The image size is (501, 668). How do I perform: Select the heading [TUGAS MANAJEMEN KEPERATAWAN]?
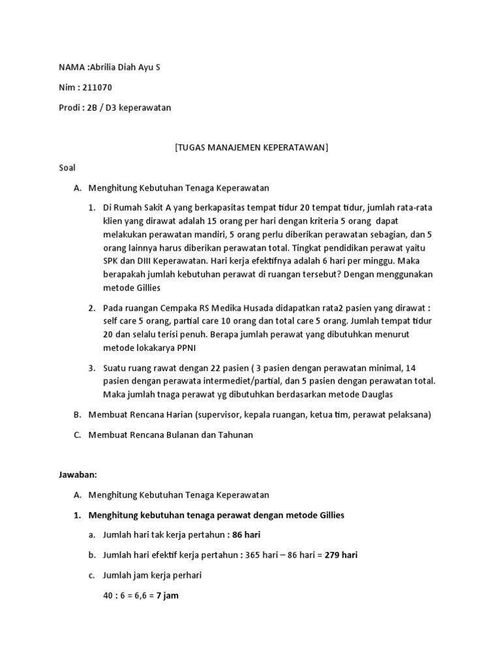pyautogui.click(x=251, y=147)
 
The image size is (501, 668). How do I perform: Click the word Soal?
pyautogui.click(x=67, y=168)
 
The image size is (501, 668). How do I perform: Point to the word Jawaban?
pyautogui.click(x=78, y=475)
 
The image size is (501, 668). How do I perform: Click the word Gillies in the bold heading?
pyautogui.click(x=329, y=515)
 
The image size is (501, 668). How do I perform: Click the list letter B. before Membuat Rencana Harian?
pyautogui.click(x=78, y=415)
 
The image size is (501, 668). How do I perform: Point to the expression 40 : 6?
pyautogui.click(x=114, y=596)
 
